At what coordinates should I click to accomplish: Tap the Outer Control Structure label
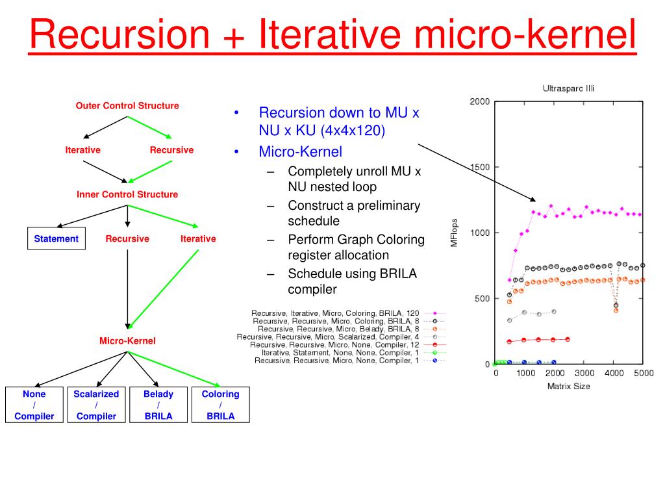(127, 105)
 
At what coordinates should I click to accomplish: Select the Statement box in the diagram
(56, 238)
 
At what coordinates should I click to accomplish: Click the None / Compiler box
(34, 405)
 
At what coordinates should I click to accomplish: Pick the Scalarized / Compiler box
(96, 405)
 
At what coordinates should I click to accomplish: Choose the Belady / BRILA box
(158, 405)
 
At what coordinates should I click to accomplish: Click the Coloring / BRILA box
(221, 405)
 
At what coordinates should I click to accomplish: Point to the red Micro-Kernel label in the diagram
(127, 340)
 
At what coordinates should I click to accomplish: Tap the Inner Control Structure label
(127, 194)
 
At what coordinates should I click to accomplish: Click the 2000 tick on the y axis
(479, 101)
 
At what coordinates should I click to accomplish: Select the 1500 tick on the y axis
(479, 167)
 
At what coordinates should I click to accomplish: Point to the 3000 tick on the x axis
(584, 373)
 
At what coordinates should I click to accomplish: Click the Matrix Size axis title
(569, 386)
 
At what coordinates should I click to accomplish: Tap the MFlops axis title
(455, 232)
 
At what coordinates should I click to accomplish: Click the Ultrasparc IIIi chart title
(569, 88)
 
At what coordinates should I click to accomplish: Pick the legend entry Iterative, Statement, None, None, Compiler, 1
(340, 352)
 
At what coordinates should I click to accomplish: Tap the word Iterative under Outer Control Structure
(82, 149)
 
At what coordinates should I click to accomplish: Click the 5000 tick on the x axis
(643, 373)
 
